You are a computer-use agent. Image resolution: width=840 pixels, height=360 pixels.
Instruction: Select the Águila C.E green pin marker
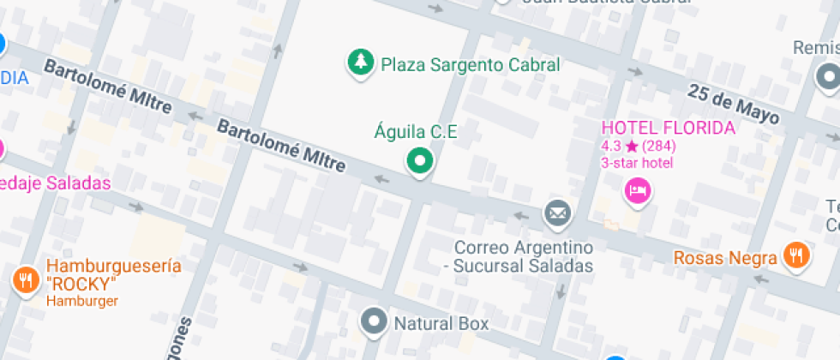point(419,160)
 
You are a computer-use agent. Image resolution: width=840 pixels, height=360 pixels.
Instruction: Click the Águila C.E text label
point(416,132)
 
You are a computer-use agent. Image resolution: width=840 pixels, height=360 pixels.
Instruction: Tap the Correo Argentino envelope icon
point(557,211)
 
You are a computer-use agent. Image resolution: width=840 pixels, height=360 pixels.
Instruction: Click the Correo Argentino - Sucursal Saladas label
point(523,256)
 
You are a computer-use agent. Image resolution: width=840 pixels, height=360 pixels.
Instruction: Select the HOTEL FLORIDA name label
point(668,129)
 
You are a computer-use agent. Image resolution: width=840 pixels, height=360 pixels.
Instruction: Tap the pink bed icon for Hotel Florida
point(638,190)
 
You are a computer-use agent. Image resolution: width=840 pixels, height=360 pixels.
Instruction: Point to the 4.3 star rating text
point(637,147)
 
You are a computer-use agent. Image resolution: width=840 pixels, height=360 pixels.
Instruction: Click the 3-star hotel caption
point(637,163)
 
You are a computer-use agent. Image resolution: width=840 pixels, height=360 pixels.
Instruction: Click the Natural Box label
point(441,323)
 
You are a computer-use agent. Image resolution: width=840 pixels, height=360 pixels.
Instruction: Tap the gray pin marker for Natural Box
point(374,322)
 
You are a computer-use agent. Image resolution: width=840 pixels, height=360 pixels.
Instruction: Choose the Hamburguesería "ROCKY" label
point(113,274)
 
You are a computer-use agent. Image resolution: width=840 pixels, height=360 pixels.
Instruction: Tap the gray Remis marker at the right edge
point(828,79)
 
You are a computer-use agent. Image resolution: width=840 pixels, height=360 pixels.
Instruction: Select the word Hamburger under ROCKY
point(82,301)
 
